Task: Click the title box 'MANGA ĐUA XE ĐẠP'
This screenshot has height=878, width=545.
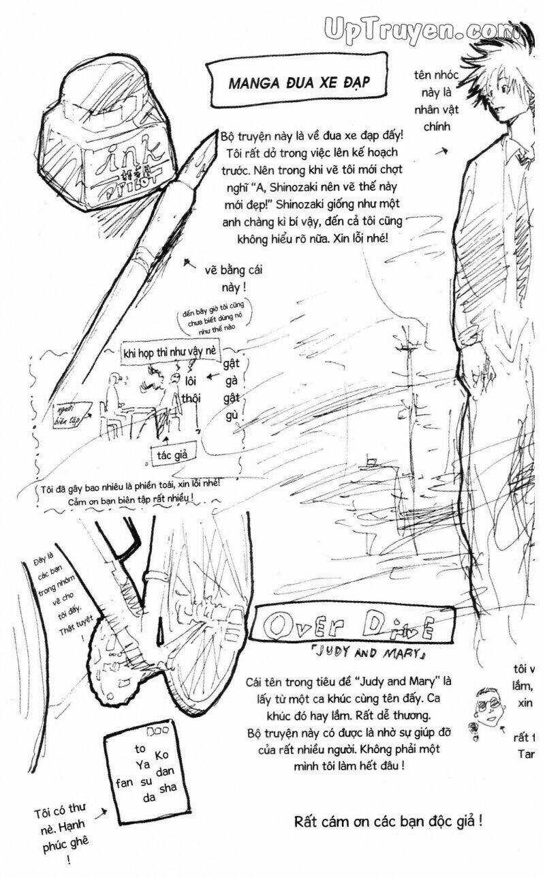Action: tap(298, 83)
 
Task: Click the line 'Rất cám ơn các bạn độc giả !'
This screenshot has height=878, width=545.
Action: tap(388, 820)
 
